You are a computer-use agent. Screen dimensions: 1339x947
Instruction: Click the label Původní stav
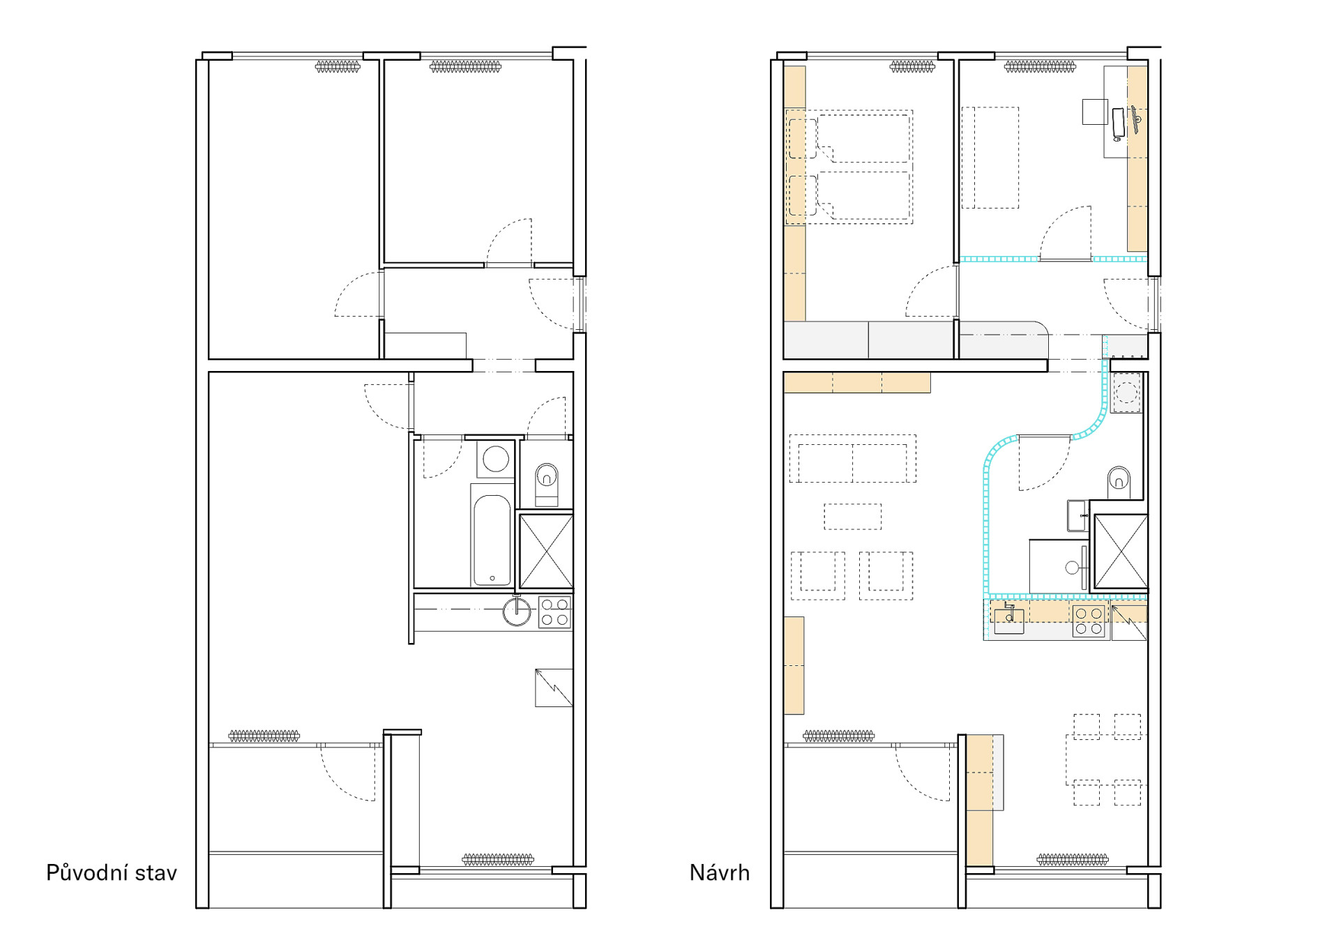pos(112,873)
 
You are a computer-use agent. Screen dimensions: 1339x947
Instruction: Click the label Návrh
pos(720,872)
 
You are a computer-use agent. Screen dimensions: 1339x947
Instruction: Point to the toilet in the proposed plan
pos(1119,478)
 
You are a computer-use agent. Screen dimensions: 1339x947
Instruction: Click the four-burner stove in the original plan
pos(555,612)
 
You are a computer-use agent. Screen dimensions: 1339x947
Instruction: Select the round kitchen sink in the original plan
pos(517,612)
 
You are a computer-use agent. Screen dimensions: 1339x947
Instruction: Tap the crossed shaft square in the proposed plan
pos(1121,552)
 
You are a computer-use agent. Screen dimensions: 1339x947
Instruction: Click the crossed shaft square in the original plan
pos(546,551)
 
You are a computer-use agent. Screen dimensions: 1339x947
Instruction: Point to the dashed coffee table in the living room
pos(852,517)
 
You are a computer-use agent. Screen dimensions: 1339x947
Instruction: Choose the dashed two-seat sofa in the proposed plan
pos(852,459)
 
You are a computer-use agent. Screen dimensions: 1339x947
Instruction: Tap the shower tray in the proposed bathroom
pos(1059,566)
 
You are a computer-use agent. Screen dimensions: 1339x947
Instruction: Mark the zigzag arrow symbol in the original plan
pos(554,688)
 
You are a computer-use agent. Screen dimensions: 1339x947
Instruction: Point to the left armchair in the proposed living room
pos(817,576)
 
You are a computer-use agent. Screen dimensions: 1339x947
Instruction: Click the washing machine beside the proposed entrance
pos(1126,393)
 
